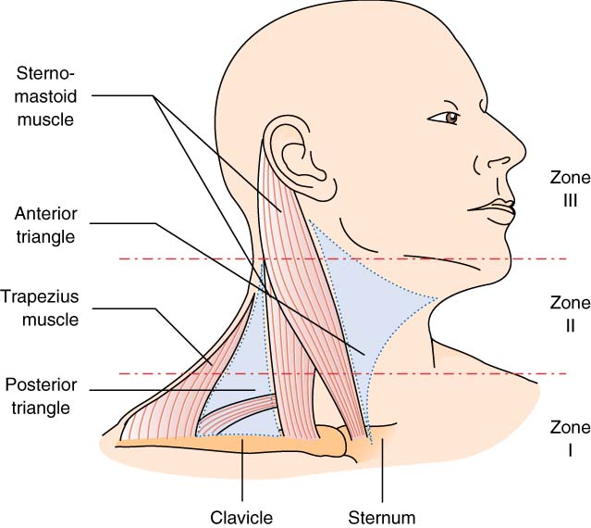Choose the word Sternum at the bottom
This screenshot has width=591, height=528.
382,514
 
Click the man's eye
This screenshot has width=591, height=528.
451,118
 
